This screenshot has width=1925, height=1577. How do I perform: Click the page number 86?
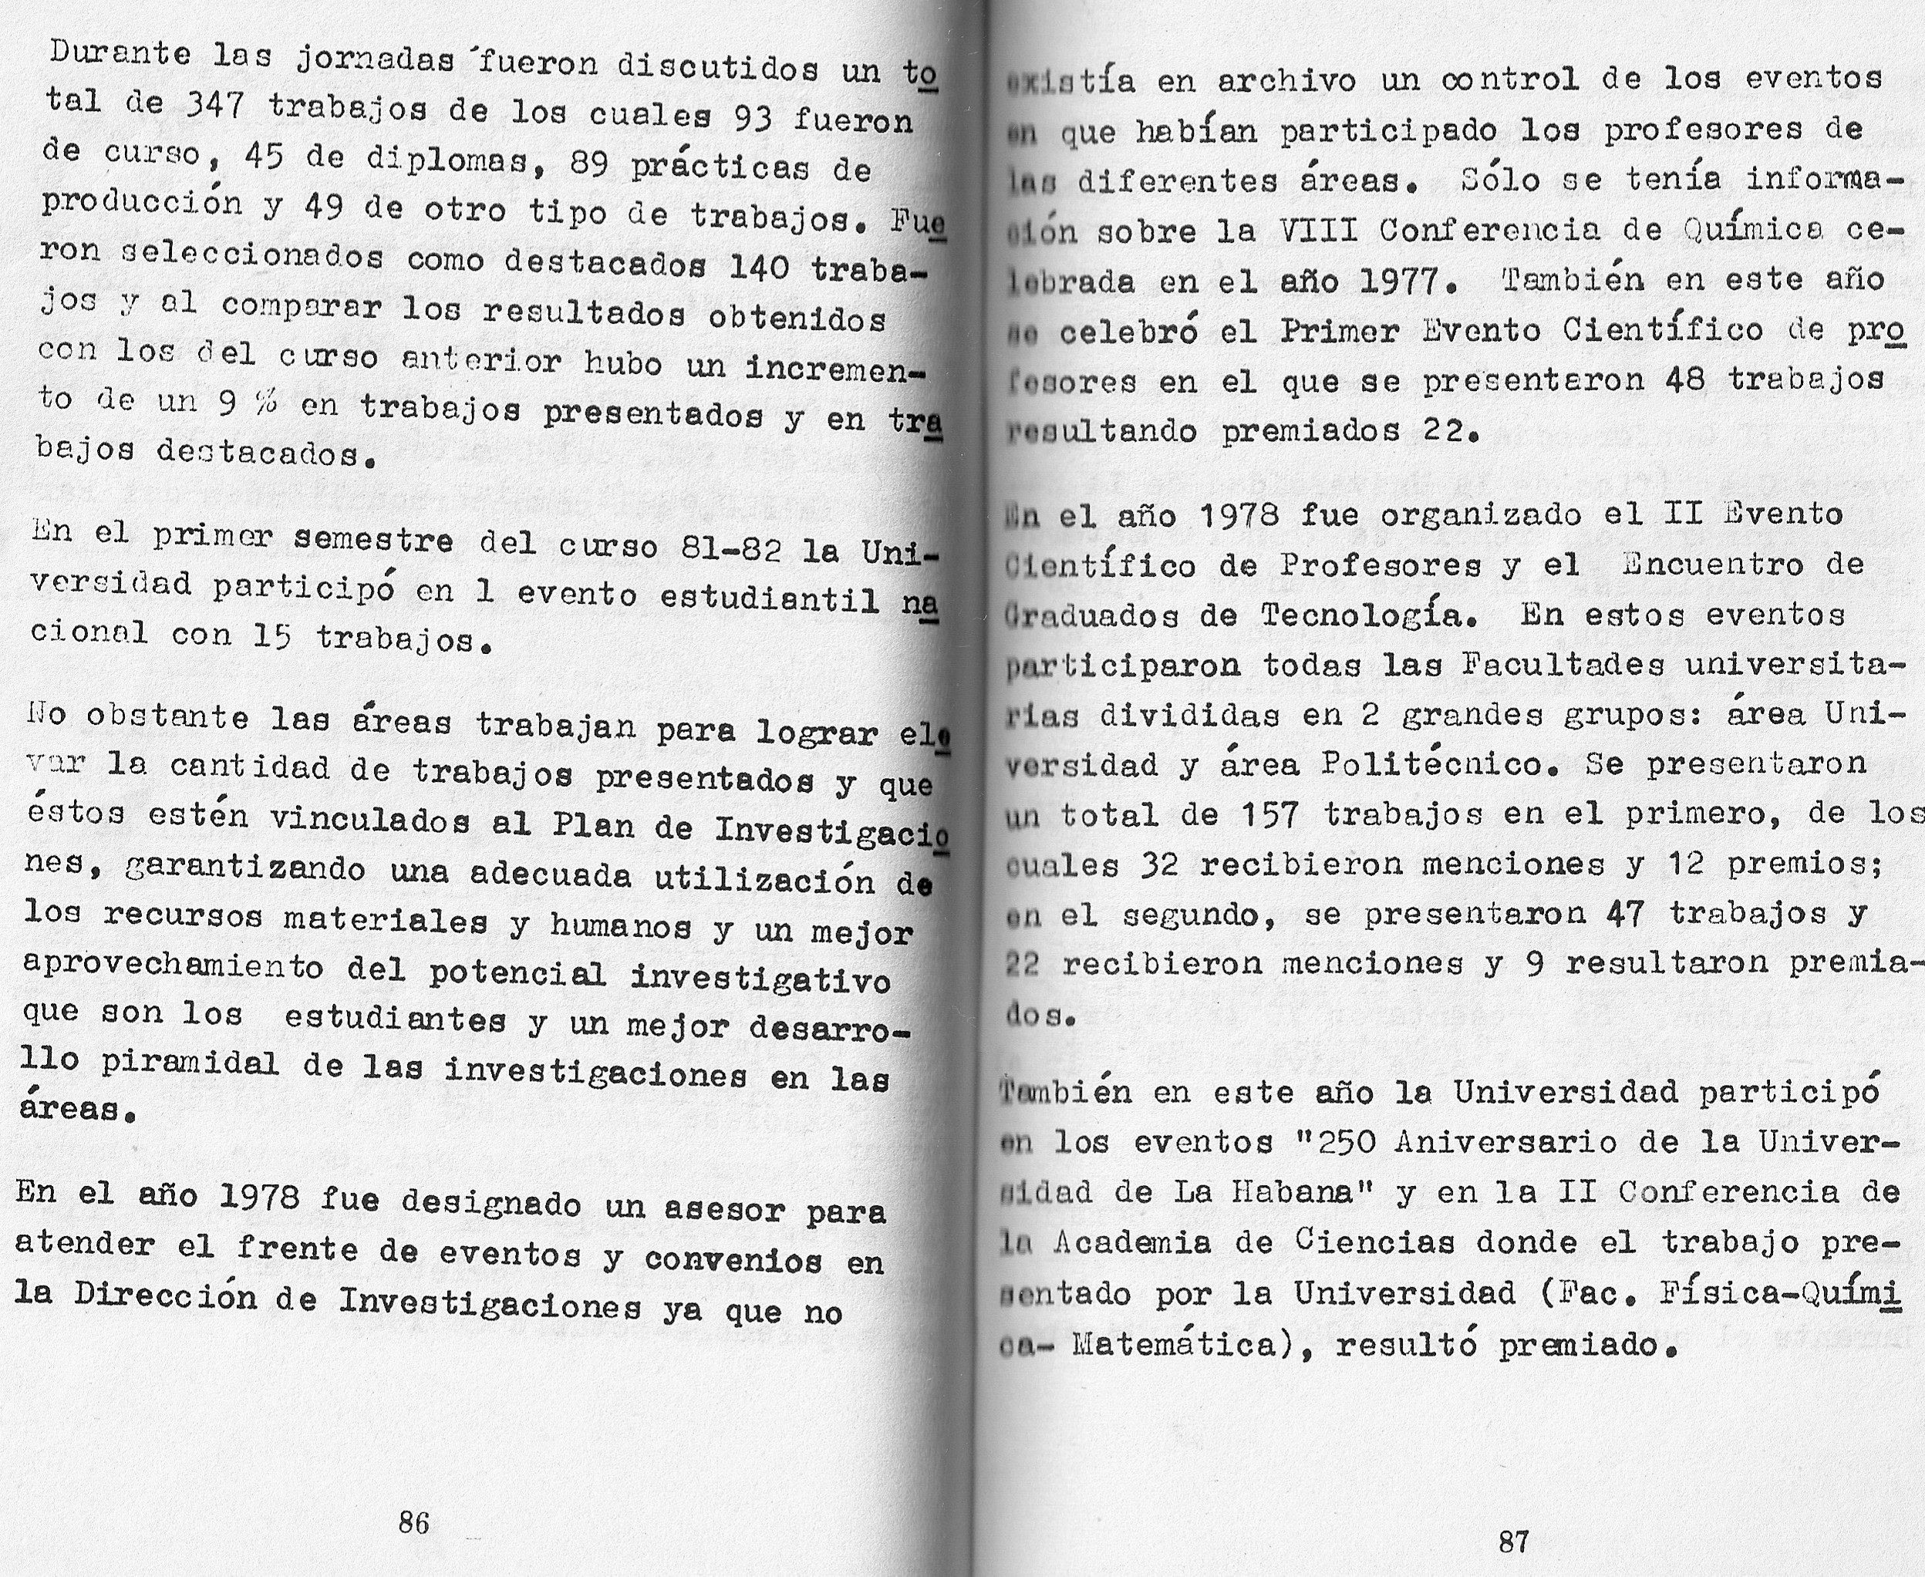pyautogui.click(x=413, y=1522)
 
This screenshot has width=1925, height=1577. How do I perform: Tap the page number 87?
pyautogui.click(x=1513, y=1541)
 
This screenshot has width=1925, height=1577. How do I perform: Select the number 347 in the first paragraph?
pyautogui.click(x=214, y=107)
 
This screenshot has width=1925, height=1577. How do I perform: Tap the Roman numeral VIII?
pyautogui.click(x=1318, y=231)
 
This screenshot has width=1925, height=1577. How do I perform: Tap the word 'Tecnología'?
pyautogui.click(x=1363, y=615)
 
